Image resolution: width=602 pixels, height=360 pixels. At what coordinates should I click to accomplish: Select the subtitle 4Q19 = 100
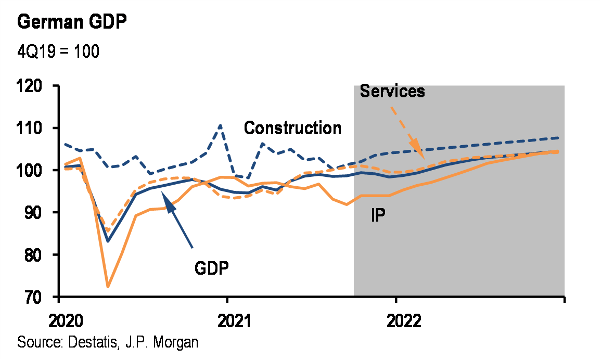point(58,52)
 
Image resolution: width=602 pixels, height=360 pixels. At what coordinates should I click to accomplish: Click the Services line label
point(392,91)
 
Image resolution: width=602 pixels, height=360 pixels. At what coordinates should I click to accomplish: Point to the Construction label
point(293,128)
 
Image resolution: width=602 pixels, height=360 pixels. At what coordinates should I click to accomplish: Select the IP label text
point(378,215)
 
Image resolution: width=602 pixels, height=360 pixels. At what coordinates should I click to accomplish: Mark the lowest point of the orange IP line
point(108,287)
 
